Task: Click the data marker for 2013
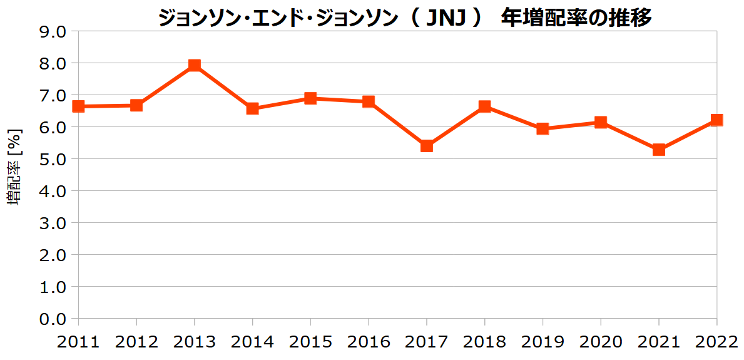click(195, 66)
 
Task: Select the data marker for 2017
click(427, 146)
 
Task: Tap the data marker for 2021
click(658, 150)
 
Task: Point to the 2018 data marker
click(484, 106)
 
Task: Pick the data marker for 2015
click(310, 98)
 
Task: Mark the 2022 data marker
click(716, 120)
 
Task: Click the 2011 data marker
click(79, 106)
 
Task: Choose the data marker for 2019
click(543, 129)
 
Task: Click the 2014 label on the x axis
click(252, 342)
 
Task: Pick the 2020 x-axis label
click(600, 342)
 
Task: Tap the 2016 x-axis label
click(369, 342)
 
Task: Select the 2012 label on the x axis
click(136, 342)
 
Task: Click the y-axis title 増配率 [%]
click(14, 166)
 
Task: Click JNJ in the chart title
click(446, 18)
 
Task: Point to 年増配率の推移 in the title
click(577, 18)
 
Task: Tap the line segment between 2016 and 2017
click(397, 124)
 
